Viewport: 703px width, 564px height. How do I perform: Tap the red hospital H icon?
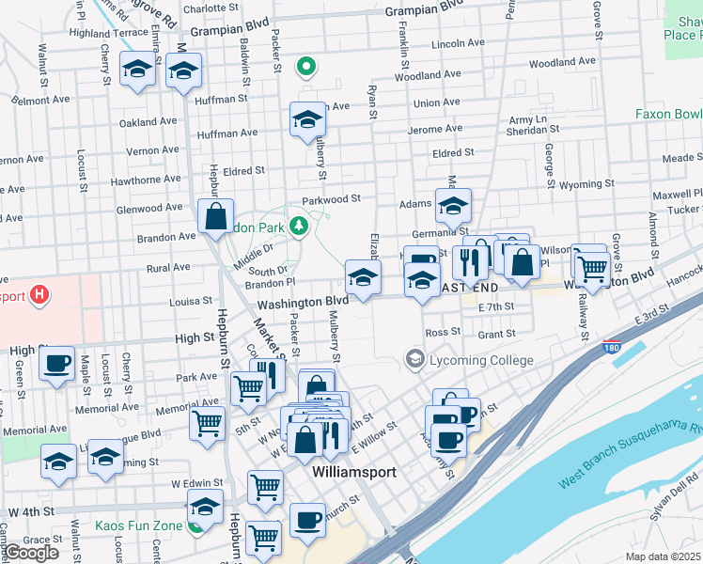click(x=39, y=296)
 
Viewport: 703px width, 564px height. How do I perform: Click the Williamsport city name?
click(x=353, y=472)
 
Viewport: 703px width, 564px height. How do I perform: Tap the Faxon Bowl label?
click(x=668, y=114)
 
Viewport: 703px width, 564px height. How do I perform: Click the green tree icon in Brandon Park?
click(x=299, y=226)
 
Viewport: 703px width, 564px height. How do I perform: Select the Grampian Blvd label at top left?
click(x=229, y=30)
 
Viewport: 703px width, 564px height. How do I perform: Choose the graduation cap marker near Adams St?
click(x=453, y=205)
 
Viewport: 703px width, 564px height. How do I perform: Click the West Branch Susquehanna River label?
click(x=630, y=456)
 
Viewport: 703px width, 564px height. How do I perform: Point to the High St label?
click(x=195, y=337)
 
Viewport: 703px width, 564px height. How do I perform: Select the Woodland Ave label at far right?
click(x=562, y=63)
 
